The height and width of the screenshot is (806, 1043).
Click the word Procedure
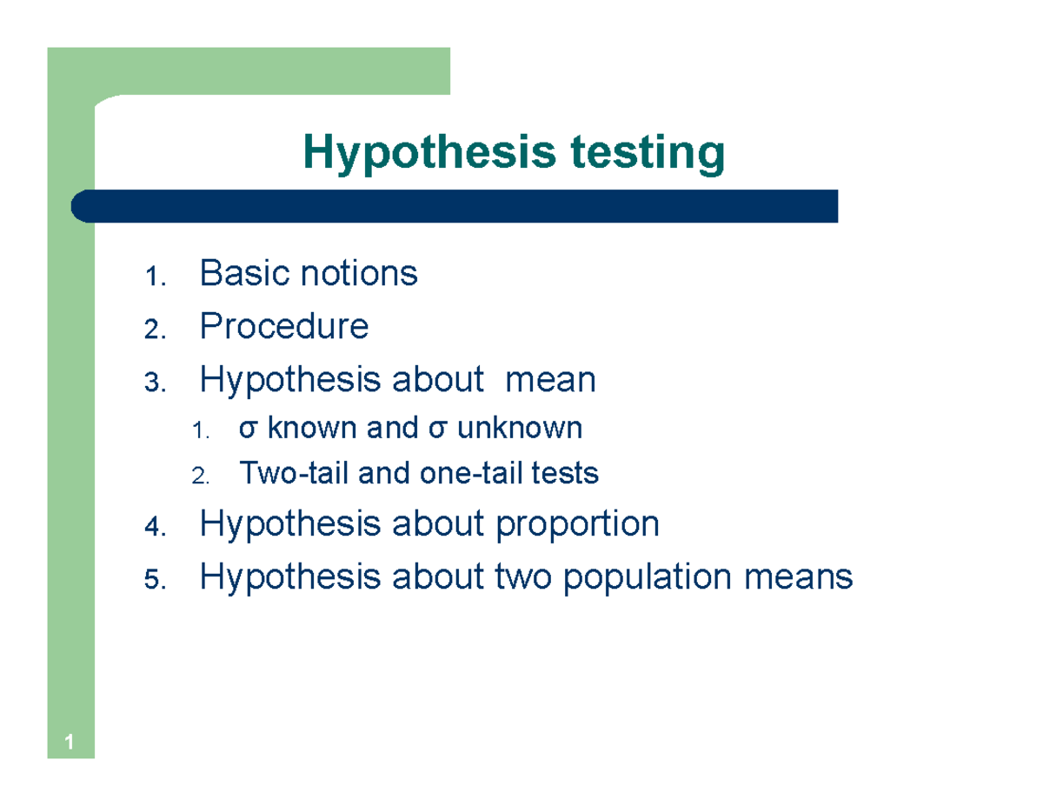(284, 327)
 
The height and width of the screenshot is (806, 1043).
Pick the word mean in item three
(550, 380)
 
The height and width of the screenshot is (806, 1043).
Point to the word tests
(566, 474)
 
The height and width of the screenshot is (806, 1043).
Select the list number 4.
(152, 527)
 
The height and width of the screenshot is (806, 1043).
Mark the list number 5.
(152, 579)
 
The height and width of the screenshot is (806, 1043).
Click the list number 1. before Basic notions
(152, 277)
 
